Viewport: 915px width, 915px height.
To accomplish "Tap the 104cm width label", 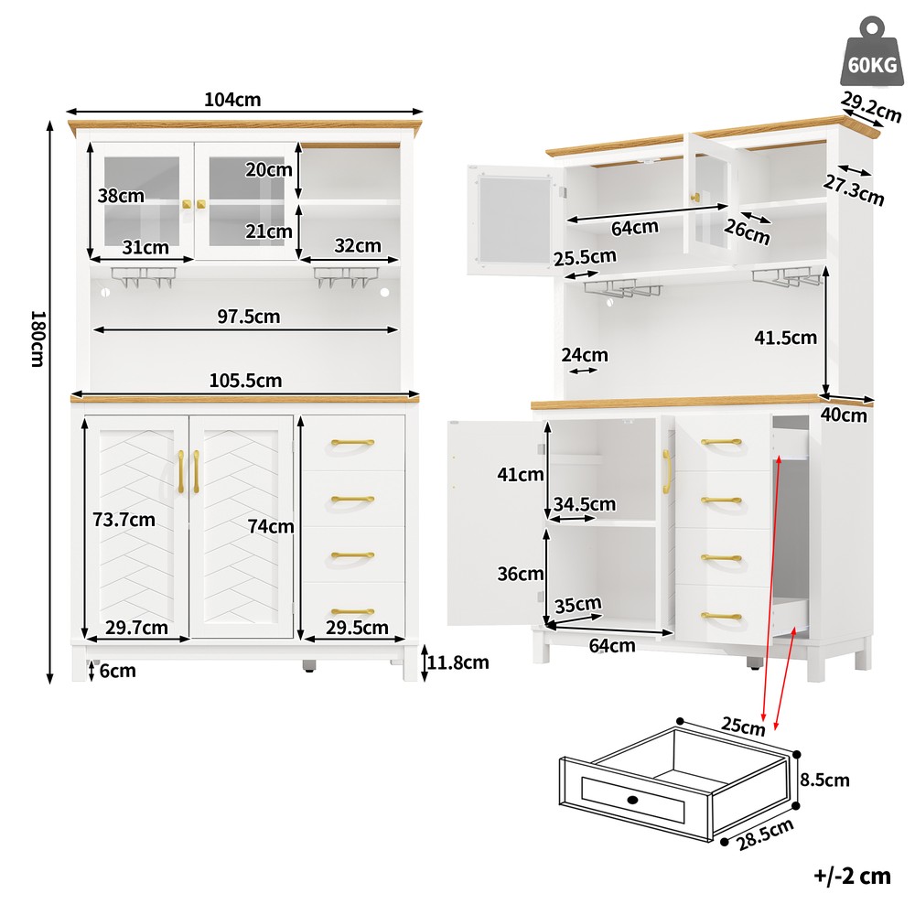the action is coord(232,99).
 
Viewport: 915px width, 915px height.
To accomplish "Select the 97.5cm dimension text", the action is coord(249,317).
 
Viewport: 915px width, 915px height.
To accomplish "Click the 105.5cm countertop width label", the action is coord(245,381).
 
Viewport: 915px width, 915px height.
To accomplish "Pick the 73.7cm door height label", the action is coord(124,520).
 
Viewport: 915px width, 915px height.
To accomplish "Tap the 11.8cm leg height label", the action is coord(458,662).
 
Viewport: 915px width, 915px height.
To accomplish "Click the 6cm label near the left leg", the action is coord(117,671).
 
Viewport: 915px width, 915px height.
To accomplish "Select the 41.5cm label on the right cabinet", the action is coord(785,338).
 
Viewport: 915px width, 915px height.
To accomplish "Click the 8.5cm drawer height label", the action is coord(824,780).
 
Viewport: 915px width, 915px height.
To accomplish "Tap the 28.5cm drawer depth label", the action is coord(765,834).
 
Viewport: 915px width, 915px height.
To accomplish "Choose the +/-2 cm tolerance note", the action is coord(852,876).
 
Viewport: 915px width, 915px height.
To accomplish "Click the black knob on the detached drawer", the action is coord(632,800).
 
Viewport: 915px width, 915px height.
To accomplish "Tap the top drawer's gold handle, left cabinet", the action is coord(352,443).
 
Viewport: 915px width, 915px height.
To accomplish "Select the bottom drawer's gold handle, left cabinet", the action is coord(352,611).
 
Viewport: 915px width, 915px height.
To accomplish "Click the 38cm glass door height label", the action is coord(121,196).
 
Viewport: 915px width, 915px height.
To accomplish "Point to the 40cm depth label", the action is coord(844,414).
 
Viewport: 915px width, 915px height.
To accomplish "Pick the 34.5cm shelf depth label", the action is coord(584,503).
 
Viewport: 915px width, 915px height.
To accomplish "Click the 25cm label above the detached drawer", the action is coord(743,726).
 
